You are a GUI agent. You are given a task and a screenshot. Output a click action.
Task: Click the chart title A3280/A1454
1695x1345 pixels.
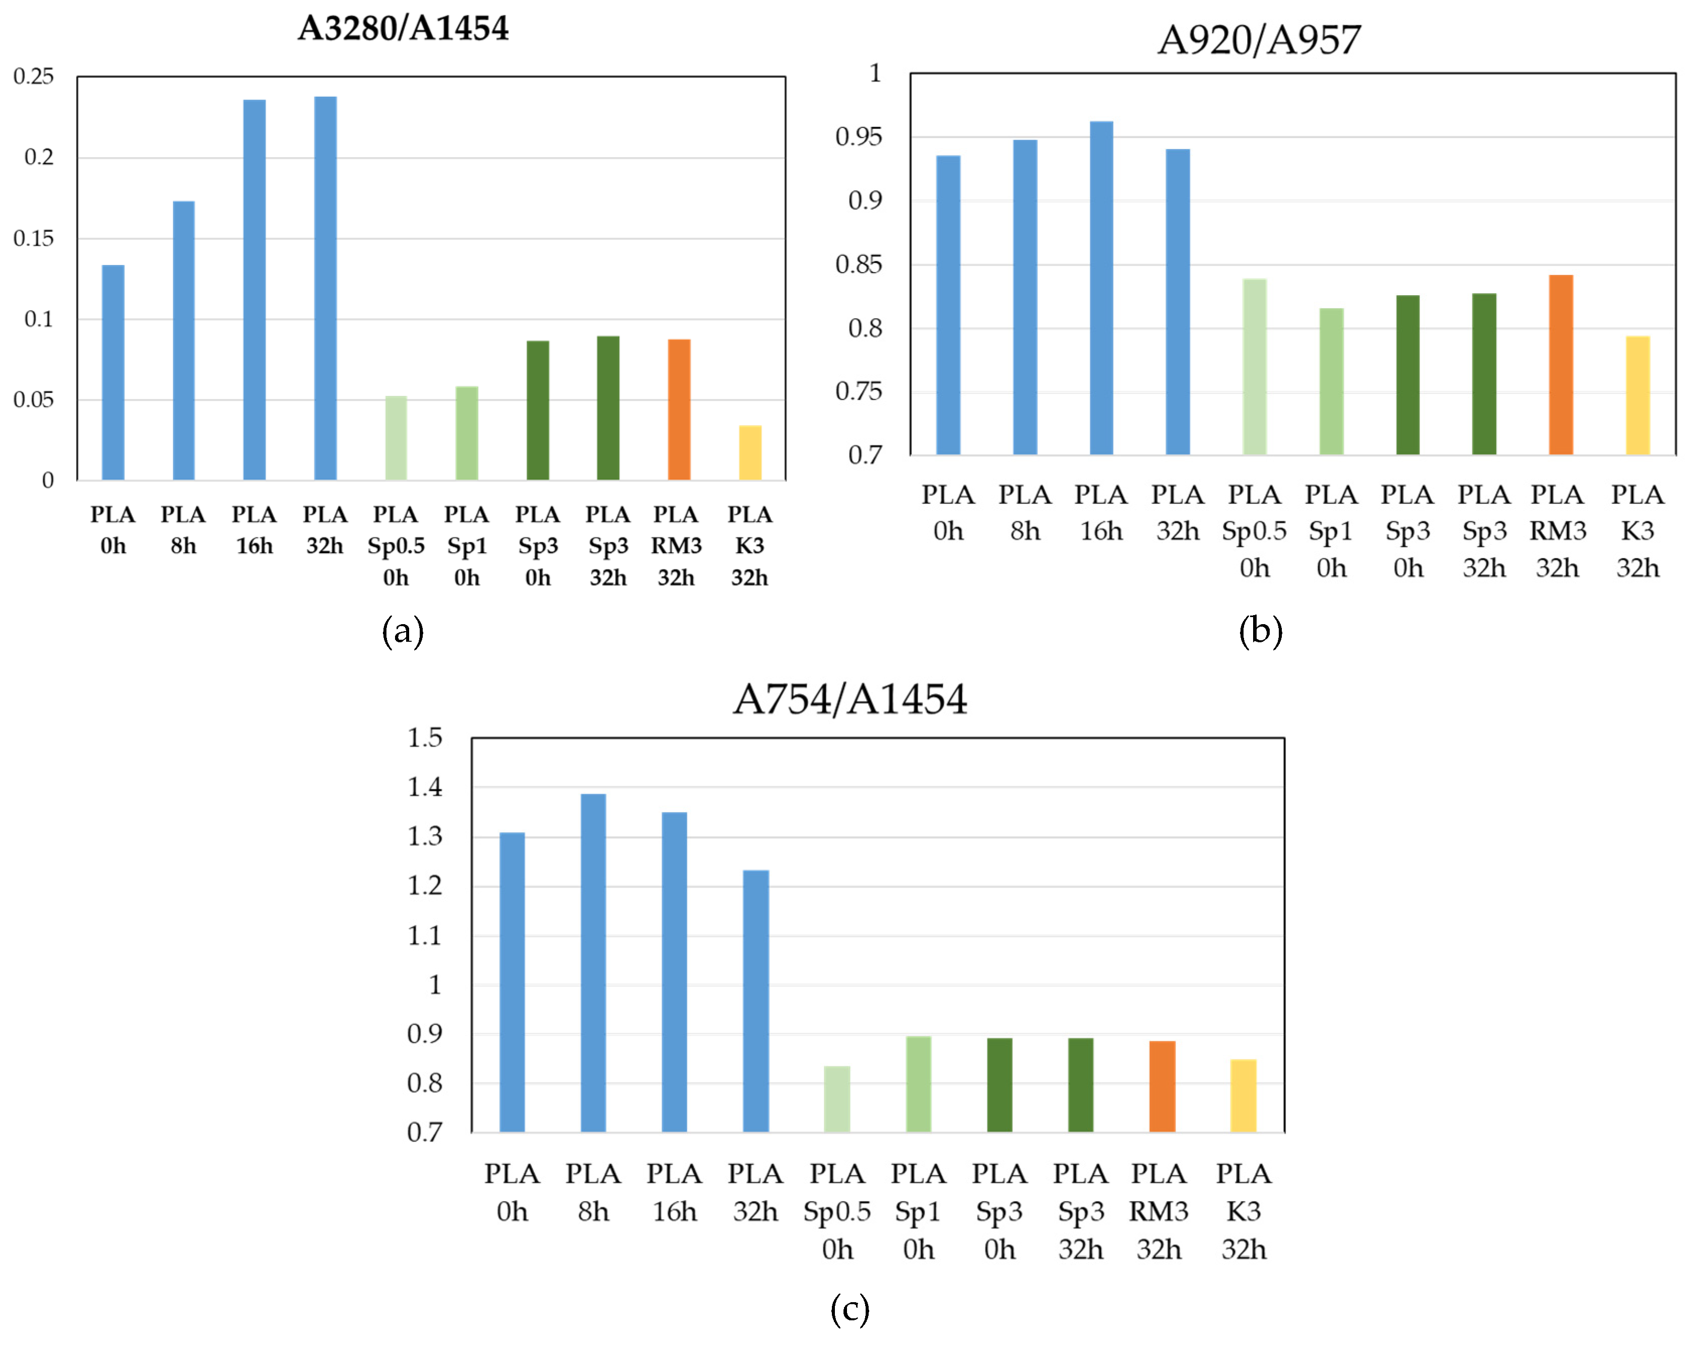[403, 28]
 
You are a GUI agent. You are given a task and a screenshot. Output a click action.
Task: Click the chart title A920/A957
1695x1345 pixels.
[1259, 39]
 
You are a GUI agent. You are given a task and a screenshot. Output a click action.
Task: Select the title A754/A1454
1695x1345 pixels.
[849, 699]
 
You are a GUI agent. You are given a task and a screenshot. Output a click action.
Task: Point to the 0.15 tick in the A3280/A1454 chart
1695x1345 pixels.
[34, 238]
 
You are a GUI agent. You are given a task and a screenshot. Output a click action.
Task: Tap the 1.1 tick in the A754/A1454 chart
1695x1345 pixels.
[425, 935]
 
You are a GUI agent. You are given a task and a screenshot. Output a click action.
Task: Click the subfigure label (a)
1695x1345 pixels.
[403, 631]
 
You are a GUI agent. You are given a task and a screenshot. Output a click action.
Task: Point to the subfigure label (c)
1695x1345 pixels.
[849, 1308]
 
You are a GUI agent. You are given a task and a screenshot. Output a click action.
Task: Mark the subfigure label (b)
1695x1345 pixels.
[1260, 631]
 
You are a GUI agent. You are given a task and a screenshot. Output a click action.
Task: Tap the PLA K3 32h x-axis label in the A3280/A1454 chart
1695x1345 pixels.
[749, 546]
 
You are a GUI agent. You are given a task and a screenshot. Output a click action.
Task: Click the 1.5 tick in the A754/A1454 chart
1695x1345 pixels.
[425, 737]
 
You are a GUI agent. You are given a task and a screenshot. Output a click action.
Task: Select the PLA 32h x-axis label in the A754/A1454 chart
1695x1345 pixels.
[755, 1192]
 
